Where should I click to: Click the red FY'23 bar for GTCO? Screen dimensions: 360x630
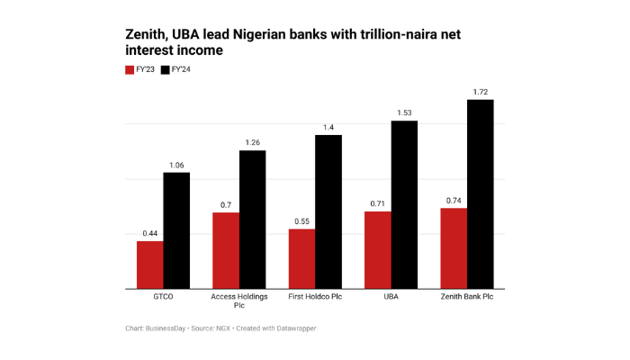(149, 265)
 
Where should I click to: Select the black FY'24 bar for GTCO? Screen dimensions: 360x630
(176, 231)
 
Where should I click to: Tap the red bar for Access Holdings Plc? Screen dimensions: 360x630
(225, 251)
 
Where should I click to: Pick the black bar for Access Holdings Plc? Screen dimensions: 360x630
(252, 220)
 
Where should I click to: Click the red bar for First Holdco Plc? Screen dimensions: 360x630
(301, 259)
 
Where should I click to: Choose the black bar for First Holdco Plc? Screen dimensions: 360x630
(328, 212)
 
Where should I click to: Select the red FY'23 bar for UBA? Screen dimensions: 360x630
(377, 250)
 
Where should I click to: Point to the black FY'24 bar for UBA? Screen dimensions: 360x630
(404, 205)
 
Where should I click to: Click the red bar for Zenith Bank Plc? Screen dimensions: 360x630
(454, 248)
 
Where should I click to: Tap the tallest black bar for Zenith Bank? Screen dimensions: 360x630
(481, 194)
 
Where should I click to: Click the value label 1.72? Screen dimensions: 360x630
(481, 92)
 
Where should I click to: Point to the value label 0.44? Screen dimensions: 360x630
(149, 233)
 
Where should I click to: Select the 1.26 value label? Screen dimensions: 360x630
(252, 142)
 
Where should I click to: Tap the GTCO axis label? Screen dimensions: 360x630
(163, 297)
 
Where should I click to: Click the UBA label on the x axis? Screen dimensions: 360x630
(391, 297)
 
